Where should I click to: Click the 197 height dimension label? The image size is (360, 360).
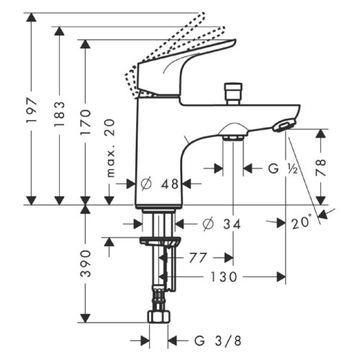pos(32,110)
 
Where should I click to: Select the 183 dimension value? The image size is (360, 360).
pos(60,114)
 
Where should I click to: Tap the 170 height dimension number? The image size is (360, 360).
pos(86,122)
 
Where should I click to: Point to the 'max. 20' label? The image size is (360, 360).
pos(111,148)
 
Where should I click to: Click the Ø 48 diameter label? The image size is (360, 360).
pos(159,184)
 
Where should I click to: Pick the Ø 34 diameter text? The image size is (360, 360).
pos(221,225)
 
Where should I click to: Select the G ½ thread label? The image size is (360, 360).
pos(284,168)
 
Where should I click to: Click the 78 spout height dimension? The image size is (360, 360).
pos(321,167)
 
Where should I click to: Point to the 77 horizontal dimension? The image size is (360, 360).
pos(198,258)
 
